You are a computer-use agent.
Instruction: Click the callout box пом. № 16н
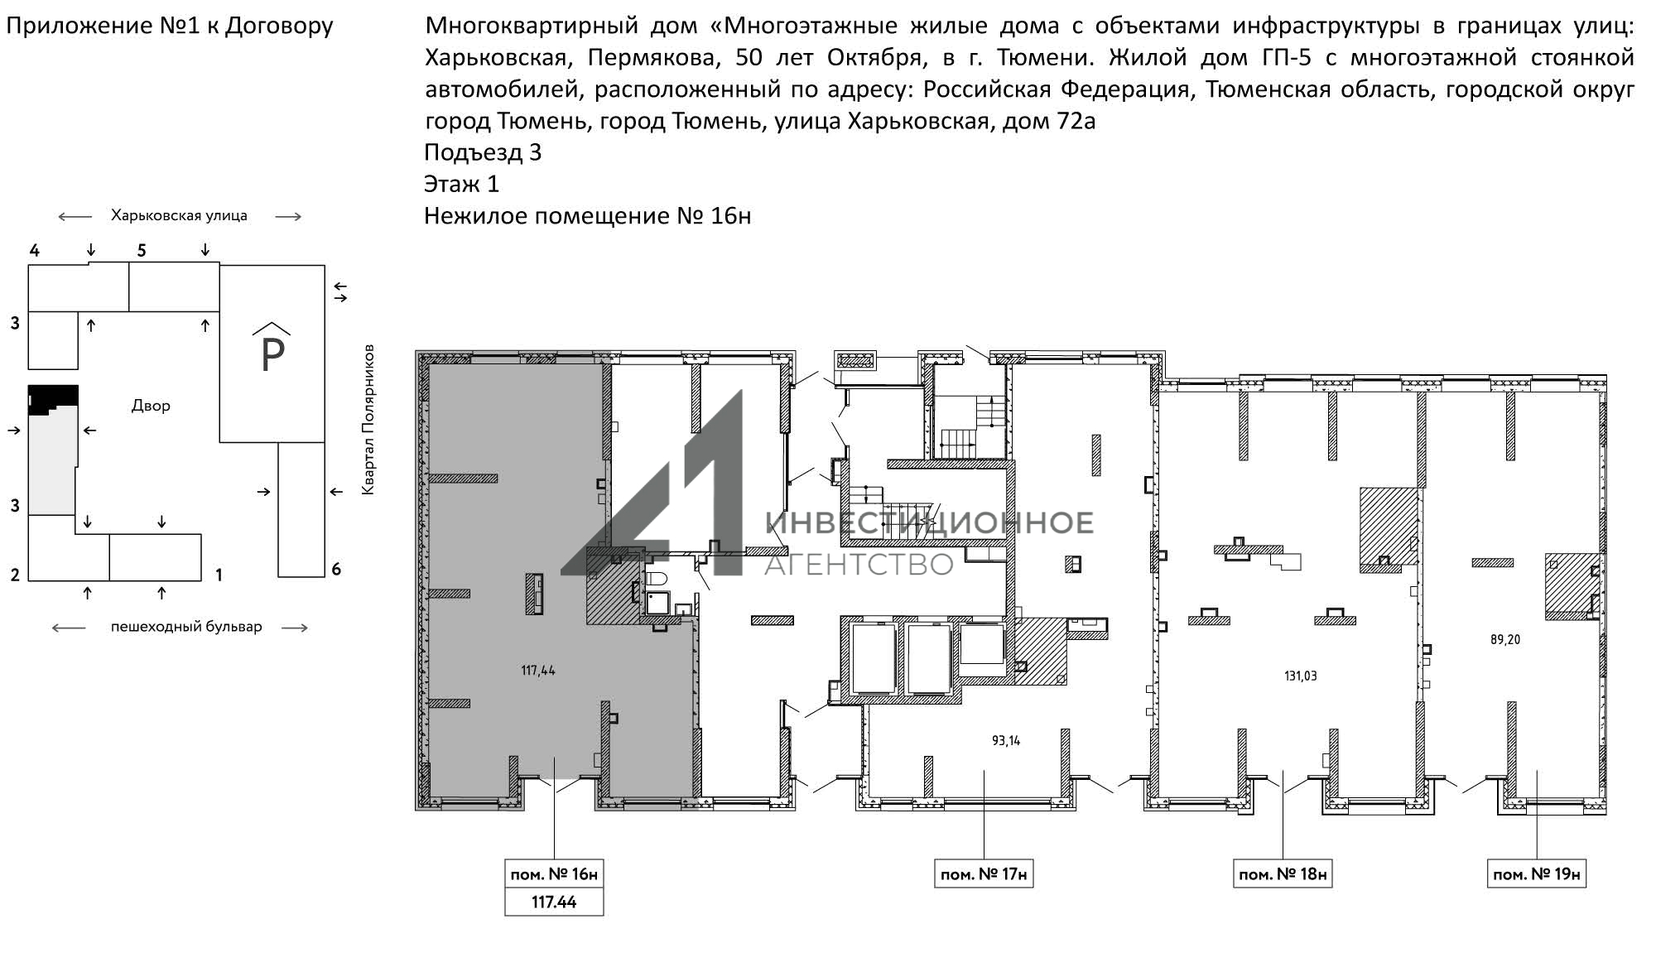[554, 873]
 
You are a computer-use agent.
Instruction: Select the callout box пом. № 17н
[984, 873]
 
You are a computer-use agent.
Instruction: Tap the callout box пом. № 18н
[1283, 873]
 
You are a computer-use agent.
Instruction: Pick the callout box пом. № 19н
[1537, 873]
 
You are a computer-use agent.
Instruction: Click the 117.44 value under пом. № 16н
[554, 902]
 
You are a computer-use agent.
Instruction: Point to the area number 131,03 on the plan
[1300, 676]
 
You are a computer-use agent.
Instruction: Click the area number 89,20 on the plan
[1504, 640]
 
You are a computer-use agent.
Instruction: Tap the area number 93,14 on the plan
[1006, 741]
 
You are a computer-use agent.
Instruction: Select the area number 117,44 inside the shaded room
[538, 671]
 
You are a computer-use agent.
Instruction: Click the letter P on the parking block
[272, 355]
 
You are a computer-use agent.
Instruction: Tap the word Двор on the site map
[151, 406]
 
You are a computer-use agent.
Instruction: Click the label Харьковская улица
[179, 215]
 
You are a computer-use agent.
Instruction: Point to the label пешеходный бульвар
[186, 627]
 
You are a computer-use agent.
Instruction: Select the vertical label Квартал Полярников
[368, 420]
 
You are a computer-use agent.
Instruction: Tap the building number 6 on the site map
[336, 569]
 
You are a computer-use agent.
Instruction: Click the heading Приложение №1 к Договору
[170, 26]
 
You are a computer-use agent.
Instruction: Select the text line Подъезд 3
[483, 152]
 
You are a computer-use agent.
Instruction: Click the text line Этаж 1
[461, 184]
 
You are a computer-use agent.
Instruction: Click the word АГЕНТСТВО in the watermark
[859, 565]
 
